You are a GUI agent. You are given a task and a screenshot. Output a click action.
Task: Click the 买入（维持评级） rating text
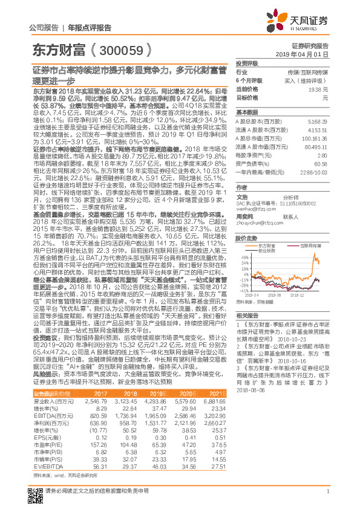(309, 80)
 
